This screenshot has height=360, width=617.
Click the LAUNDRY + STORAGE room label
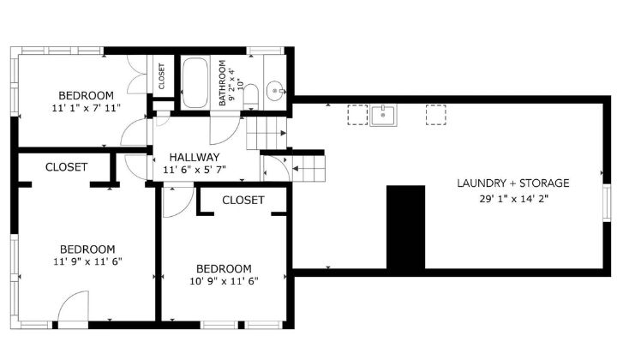coord(512,183)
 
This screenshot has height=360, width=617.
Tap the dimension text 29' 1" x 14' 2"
coord(512,199)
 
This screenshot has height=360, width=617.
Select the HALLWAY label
coord(194,157)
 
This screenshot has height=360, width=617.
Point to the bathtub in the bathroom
coord(196,82)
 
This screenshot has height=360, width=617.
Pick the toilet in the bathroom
coord(250,96)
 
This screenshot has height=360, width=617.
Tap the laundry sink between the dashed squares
coord(383,115)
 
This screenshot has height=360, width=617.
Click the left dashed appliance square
coord(357,115)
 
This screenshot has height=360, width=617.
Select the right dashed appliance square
coord(436,115)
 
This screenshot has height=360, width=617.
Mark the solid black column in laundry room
coord(405,227)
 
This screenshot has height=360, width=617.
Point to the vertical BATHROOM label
coord(222,82)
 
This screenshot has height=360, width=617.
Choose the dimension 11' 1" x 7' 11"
coord(86,108)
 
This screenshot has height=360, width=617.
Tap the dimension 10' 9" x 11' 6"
coord(223,280)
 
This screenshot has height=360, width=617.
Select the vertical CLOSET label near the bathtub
coord(162,76)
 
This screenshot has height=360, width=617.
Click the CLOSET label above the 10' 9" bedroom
coord(243,200)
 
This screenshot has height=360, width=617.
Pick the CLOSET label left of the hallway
coord(66,167)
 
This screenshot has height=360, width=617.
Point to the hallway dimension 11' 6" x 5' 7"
coord(194,171)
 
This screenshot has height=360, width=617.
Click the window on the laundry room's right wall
coord(607,208)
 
